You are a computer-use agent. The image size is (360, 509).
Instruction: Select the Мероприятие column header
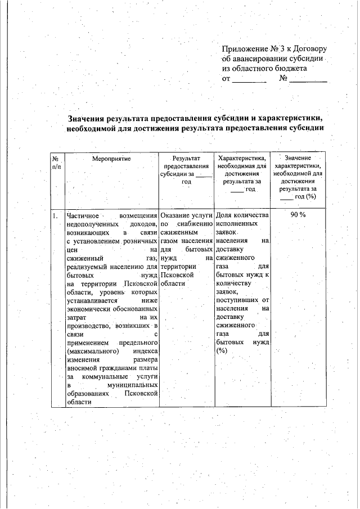tap(111, 159)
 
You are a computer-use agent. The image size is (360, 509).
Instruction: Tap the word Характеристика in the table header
tap(242, 159)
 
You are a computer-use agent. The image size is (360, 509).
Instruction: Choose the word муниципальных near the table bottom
tap(131, 385)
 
